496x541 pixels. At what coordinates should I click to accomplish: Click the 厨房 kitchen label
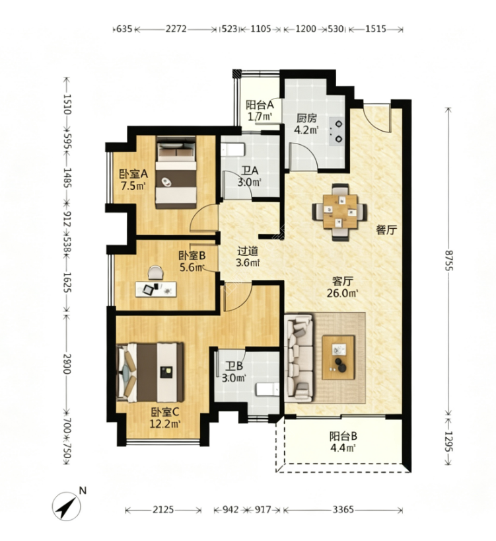[306, 118]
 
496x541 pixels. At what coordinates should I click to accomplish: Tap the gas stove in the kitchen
[337, 131]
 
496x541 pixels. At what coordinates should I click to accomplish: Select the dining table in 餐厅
[339, 212]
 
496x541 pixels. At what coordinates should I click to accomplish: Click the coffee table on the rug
[338, 357]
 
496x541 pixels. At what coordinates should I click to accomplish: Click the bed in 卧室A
[176, 172]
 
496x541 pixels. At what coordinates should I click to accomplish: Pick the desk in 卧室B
[156, 289]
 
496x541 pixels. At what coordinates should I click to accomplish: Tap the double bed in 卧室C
[150, 372]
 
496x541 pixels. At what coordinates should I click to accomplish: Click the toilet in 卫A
[232, 150]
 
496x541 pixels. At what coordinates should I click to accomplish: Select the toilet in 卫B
[267, 389]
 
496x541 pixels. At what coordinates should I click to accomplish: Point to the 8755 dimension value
[448, 261]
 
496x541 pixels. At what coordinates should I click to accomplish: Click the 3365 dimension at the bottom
[343, 509]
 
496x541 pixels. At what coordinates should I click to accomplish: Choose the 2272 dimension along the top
[176, 28]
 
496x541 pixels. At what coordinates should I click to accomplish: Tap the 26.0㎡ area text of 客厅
[342, 293]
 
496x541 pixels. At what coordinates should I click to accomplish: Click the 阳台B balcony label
[343, 436]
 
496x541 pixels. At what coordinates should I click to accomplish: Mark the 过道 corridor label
[248, 251]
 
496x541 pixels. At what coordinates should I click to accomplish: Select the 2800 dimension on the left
[67, 364]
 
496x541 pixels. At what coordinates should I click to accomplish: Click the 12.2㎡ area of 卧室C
[165, 423]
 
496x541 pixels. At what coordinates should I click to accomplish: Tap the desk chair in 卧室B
[156, 272]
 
